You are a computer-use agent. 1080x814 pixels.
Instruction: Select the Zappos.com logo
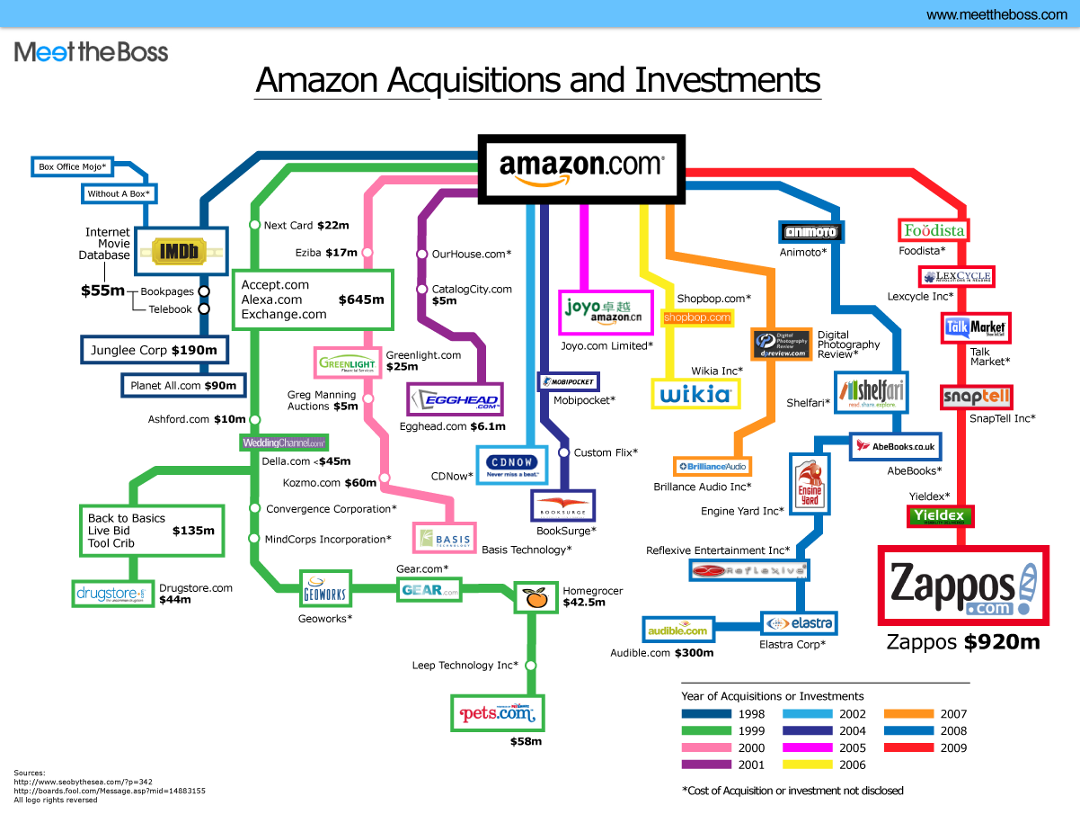point(963,586)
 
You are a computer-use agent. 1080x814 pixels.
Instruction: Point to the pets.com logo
point(497,713)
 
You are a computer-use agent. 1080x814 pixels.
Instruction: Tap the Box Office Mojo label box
point(72,166)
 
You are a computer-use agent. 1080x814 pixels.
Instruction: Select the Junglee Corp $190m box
point(154,350)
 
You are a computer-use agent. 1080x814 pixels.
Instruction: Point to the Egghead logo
point(454,399)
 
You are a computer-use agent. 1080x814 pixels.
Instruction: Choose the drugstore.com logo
point(110,594)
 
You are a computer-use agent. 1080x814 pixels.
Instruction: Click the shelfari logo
point(871,392)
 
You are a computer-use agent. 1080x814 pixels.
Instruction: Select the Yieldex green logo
point(938,515)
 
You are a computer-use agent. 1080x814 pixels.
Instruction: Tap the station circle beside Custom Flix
point(564,452)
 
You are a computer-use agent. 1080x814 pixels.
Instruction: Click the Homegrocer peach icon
point(536,597)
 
